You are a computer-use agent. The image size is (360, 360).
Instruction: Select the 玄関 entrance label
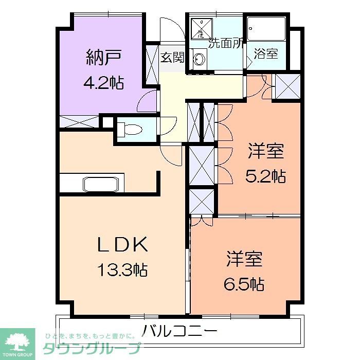tap(172, 57)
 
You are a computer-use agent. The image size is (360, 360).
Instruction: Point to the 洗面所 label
tap(225, 43)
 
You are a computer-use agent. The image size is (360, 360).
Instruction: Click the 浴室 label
tap(266, 54)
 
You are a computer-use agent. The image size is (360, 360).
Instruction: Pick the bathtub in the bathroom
tap(266, 28)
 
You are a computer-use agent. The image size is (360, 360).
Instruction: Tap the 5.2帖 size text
tap(265, 176)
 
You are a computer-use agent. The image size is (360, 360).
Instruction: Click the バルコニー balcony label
tap(180, 329)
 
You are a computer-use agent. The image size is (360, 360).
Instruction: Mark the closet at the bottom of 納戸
tap(79, 122)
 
